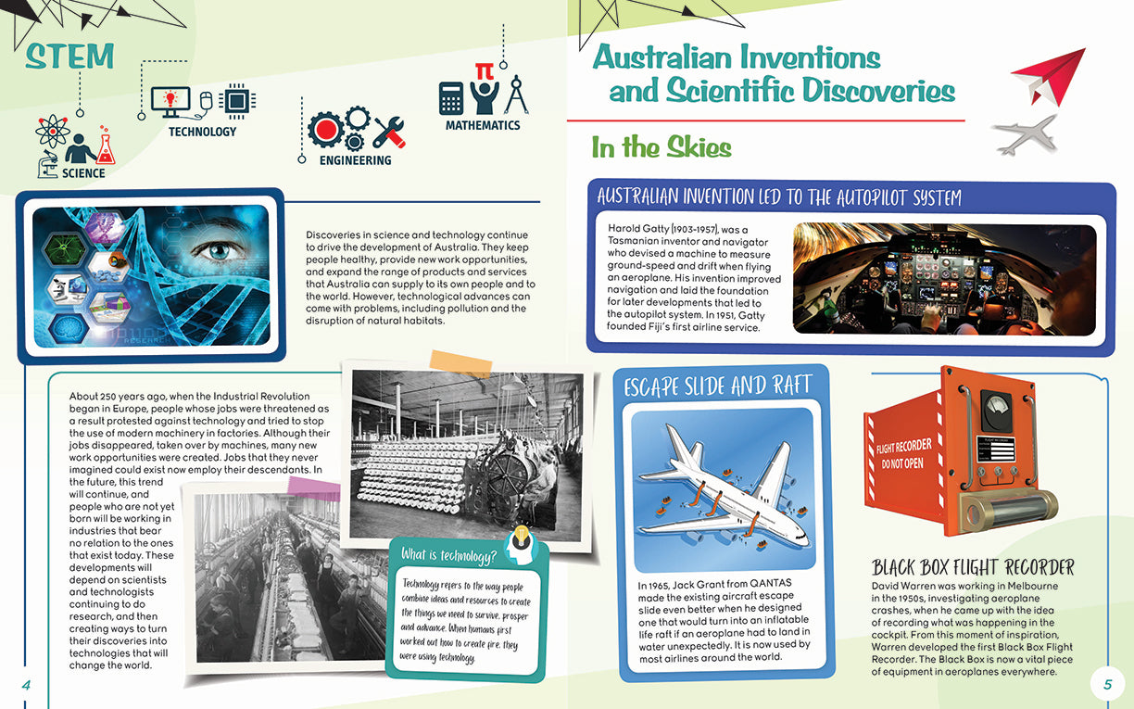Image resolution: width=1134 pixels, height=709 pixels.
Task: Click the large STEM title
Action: [x=70, y=57]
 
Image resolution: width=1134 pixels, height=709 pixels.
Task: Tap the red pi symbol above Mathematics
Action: [x=483, y=71]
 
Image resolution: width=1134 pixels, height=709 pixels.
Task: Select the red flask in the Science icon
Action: [x=105, y=147]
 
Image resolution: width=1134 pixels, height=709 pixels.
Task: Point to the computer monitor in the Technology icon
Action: [x=170, y=100]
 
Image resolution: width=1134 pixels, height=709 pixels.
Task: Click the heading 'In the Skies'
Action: [x=661, y=147]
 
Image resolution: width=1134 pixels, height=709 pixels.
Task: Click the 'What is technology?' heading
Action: [x=449, y=554]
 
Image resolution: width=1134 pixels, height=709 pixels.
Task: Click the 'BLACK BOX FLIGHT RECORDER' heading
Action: [x=973, y=567]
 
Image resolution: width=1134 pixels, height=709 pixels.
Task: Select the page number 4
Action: [x=27, y=684]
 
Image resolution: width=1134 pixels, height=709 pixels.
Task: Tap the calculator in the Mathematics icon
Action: [x=451, y=97]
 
